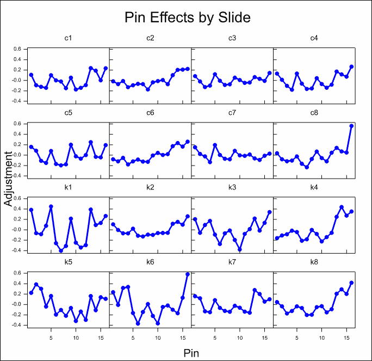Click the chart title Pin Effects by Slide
[188, 17]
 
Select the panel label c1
[69, 38]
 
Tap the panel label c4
[314, 38]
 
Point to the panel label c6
[150, 113]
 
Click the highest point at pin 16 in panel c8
[351, 126]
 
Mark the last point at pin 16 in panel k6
[188, 274]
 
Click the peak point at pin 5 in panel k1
[51, 206]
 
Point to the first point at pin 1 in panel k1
[31, 210]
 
